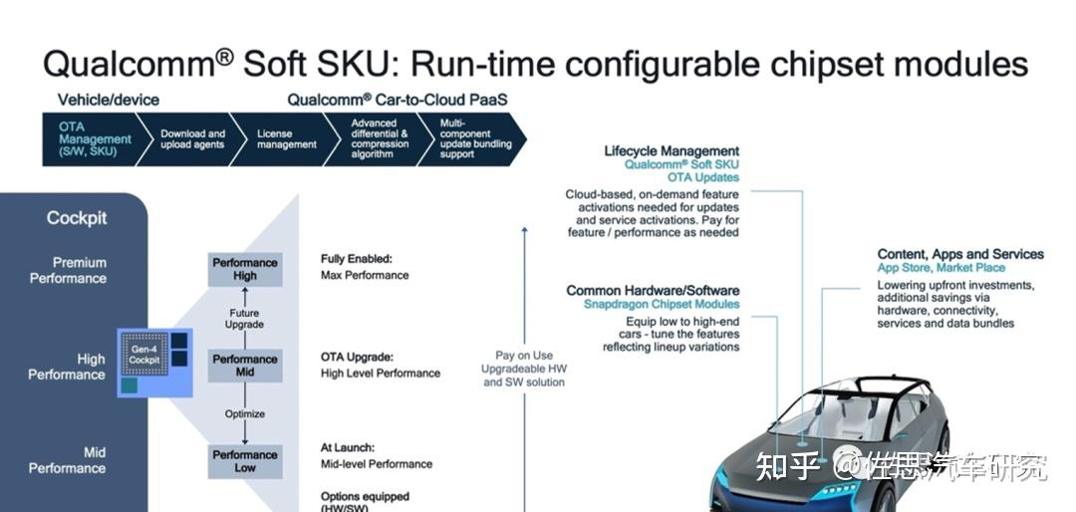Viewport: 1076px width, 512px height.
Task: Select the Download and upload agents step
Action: [193, 139]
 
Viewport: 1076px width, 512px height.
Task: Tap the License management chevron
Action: [286, 139]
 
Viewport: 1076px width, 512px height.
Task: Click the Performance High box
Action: [245, 269]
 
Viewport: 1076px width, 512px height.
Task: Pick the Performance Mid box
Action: [245, 366]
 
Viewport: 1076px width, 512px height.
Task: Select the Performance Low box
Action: [245, 461]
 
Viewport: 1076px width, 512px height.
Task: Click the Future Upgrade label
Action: [245, 319]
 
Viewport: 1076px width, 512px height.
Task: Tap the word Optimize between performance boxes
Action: [245, 413]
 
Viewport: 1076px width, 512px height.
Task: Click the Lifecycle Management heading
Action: [672, 151]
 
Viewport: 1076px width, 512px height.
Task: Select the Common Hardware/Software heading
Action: [653, 290]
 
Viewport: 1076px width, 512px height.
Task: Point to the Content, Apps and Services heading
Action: [960, 254]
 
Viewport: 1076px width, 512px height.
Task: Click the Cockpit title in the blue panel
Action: [77, 217]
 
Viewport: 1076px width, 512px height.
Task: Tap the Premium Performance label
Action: [68, 270]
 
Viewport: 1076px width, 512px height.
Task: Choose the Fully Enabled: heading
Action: [356, 259]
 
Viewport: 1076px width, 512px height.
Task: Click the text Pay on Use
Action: [524, 355]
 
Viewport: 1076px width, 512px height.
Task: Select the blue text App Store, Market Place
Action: [941, 268]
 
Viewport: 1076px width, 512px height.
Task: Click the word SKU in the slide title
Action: [351, 66]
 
